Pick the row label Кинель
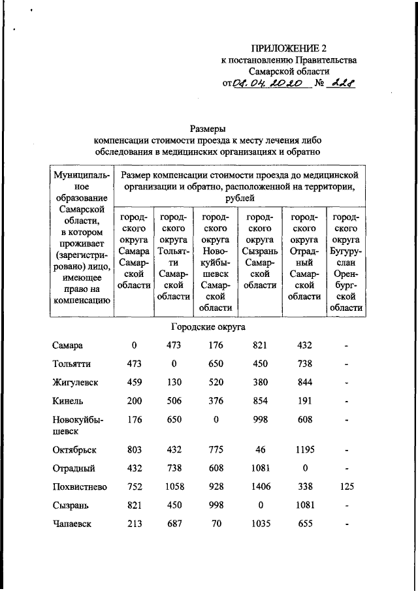point(68,400)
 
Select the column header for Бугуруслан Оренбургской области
point(346,262)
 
